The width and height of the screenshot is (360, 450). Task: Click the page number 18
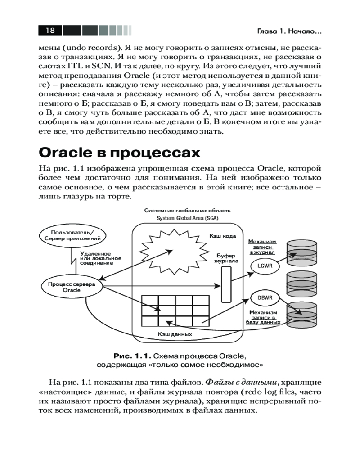click(50, 30)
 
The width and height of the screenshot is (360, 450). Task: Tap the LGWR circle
click(263, 265)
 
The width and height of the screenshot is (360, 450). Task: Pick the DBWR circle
click(262, 297)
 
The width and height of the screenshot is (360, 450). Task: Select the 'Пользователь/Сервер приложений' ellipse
click(72, 235)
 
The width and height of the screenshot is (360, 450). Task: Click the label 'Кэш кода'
click(222, 235)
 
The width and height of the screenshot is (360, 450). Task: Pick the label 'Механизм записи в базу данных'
click(263, 317)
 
